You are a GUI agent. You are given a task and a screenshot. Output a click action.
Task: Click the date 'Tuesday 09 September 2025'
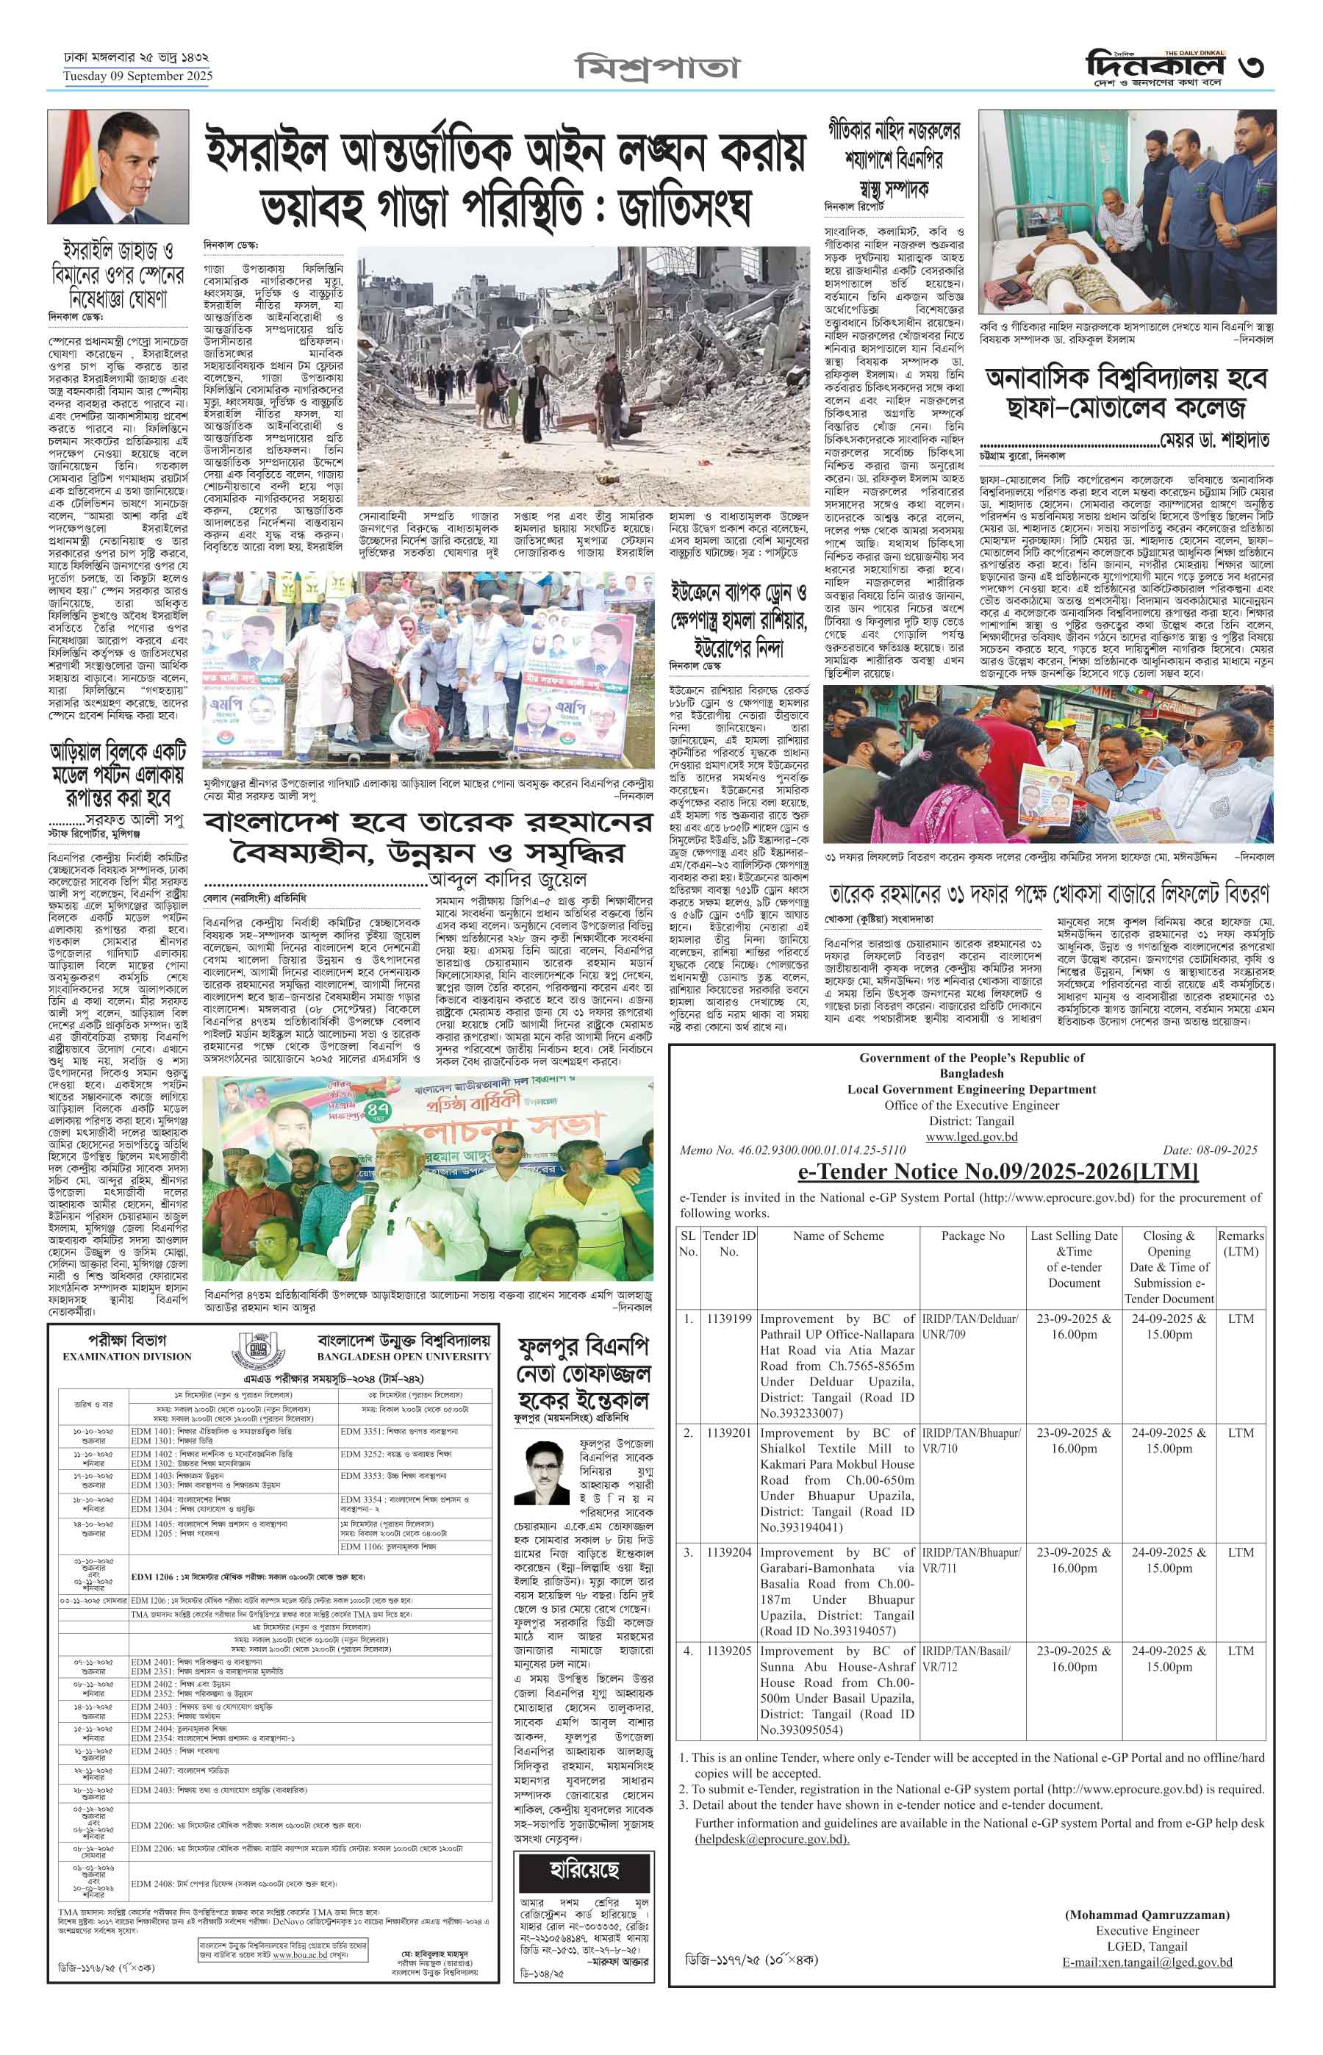point(137,76)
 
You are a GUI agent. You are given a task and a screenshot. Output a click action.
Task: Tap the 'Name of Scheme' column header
point(838,1235)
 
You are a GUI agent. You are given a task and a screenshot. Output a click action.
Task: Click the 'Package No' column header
point(972,1235)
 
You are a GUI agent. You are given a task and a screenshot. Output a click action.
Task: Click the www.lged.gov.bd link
point(971,1136)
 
